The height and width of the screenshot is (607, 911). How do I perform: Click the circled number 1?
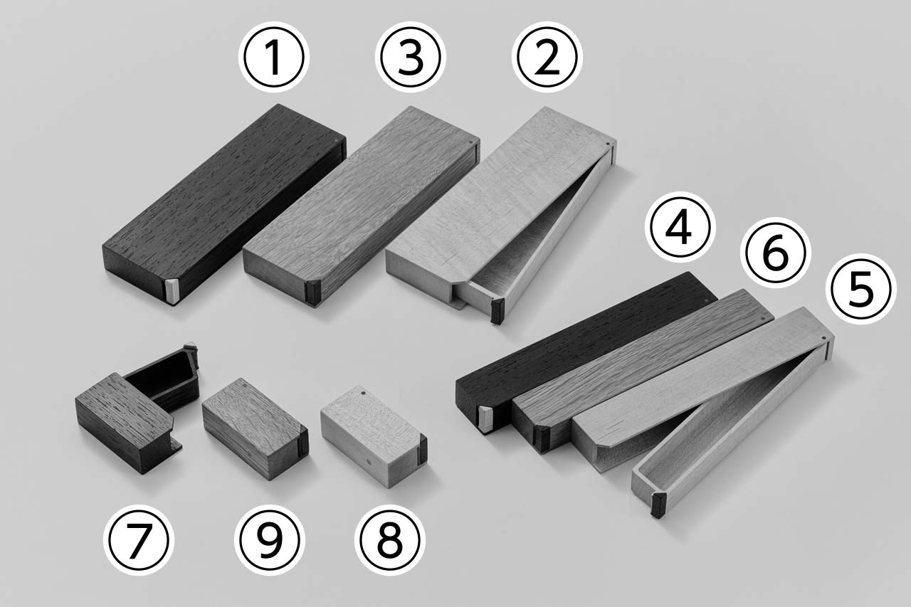click(274, 57)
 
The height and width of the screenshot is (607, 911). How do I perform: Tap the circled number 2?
click(547, 57)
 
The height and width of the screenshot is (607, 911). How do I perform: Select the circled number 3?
click(411, 57)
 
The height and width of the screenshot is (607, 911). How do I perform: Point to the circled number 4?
click(680, 227)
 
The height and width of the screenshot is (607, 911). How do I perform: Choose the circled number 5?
click(861, 289)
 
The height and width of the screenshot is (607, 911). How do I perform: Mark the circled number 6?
click(776, 253)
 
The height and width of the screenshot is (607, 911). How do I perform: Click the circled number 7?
click(138, 540)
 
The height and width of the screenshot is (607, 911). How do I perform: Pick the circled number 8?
click(389, 540)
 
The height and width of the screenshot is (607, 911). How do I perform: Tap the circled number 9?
click(269, 540)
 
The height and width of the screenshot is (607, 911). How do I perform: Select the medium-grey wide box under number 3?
click(360, 206)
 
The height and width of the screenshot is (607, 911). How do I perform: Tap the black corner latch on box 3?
click(314, 292)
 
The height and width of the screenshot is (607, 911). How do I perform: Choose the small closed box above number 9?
click(256, 429)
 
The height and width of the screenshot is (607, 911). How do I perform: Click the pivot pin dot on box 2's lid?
click(608, 144)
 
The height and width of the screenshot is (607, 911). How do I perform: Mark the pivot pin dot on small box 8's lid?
click(362, 394)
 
